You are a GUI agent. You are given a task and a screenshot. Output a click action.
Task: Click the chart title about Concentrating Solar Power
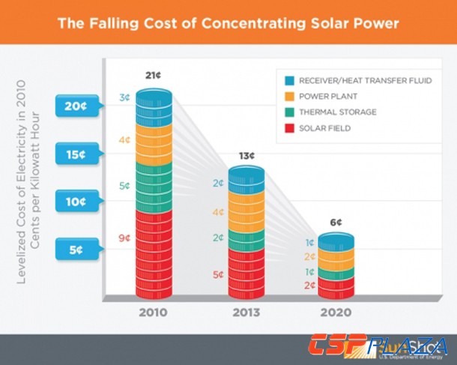tap(228, 23)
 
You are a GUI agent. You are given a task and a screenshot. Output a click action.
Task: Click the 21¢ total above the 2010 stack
tap(154, 76)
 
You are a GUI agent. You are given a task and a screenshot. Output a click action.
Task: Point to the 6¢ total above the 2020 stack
tap(336, 223)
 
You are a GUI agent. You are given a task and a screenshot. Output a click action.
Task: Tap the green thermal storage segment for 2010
tap(154, 186)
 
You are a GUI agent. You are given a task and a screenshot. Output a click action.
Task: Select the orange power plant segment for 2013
tap(246, 212)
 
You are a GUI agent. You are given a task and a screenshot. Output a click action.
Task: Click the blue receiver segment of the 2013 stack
tap(246, 182)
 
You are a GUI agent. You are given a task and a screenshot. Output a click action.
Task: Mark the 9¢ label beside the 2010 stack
tap(123, 239)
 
